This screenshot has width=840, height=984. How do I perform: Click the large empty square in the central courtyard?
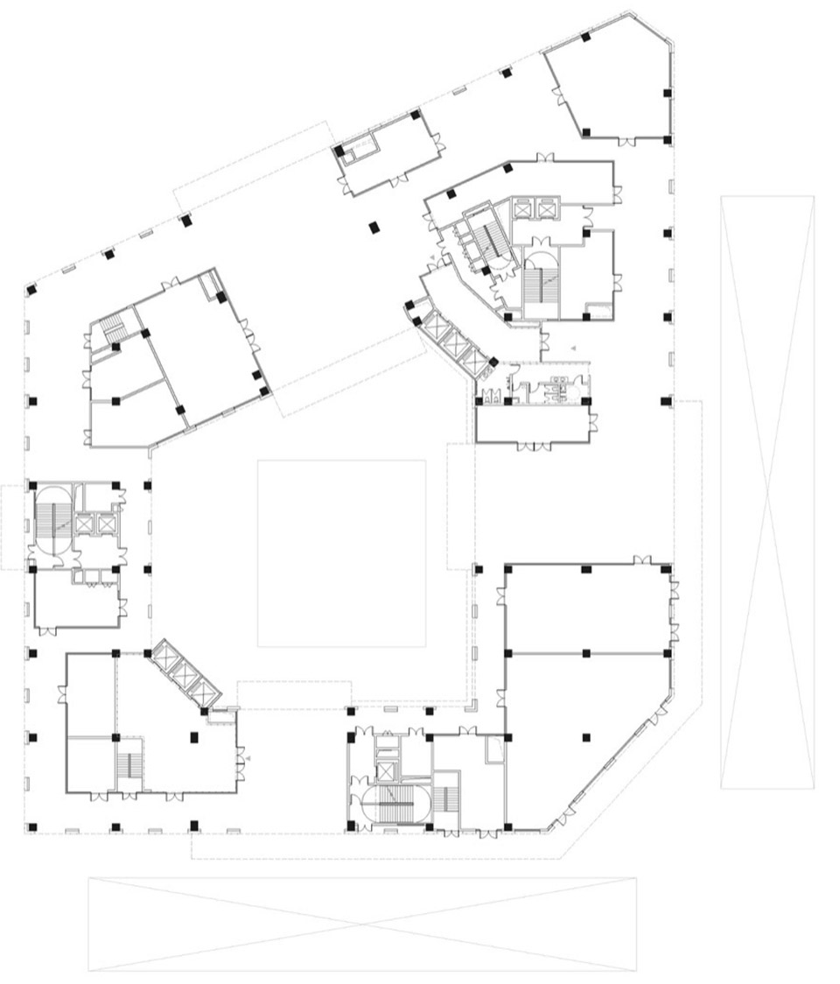pos(341,553)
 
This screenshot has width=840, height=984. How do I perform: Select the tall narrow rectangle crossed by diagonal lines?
pos(767,492)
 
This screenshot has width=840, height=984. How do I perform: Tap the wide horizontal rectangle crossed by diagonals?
pos(362,924)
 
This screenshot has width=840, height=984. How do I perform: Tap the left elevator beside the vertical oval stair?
pos(85,524)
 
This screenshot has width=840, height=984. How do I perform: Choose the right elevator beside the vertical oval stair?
pos(106,524)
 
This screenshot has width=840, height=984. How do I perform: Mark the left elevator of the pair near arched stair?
pos(524,208)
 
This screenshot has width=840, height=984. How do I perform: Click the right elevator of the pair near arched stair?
pos(547,208)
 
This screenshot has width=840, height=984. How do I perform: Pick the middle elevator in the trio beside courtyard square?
pos(185,672)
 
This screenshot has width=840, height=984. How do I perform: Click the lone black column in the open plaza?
pos(373,228)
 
